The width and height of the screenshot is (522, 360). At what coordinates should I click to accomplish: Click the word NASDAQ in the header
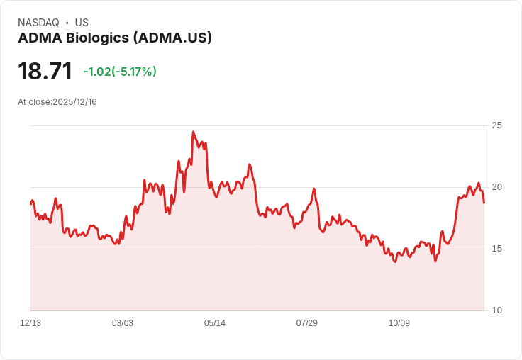38,23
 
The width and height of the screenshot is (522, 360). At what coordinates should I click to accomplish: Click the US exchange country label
82,23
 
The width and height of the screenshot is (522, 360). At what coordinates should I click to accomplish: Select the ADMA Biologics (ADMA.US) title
115,38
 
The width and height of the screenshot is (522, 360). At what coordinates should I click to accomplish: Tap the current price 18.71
45,72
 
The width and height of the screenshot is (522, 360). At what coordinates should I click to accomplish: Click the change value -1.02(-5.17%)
120,72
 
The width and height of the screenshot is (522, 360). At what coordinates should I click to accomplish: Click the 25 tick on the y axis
497,125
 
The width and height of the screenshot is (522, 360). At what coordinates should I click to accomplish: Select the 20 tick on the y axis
497,187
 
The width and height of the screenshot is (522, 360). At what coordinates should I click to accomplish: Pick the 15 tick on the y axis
497,249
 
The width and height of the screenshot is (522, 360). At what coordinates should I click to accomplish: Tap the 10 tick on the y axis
497,310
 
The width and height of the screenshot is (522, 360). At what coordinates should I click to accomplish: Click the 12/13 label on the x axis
30,323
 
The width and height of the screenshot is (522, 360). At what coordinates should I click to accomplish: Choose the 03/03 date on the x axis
123,323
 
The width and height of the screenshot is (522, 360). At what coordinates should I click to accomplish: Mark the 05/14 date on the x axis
215,323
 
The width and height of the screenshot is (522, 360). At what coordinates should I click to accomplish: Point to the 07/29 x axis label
307,323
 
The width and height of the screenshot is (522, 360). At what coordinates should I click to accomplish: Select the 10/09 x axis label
399,323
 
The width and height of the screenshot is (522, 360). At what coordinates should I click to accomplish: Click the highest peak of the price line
193,132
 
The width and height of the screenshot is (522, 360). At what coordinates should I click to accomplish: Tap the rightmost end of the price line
484,203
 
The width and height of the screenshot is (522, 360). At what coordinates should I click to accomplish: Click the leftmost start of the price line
30,204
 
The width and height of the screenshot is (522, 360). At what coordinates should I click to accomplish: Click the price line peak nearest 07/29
313,189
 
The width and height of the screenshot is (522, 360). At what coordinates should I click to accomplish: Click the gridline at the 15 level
255,249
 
